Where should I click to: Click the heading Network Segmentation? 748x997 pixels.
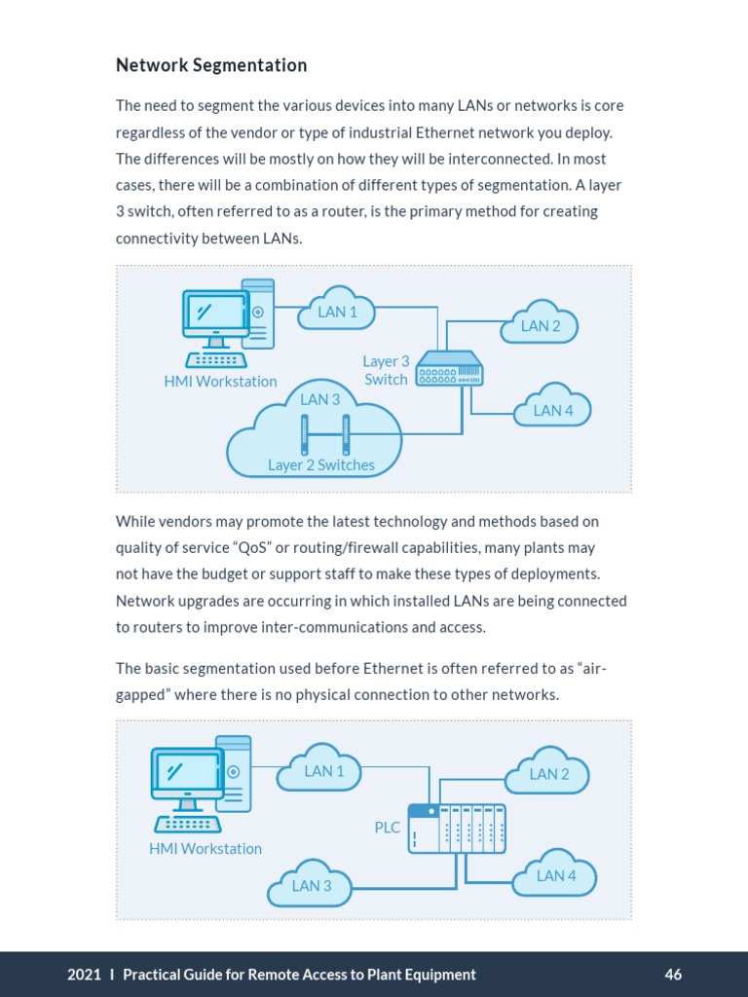(x=211, y=65)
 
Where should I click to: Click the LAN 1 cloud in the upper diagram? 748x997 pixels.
(x=337, y=311)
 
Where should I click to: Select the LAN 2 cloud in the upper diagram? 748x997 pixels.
(x=541, y=326)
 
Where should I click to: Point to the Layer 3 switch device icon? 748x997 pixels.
(x=449, y=369)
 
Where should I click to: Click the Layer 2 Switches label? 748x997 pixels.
(x=321, y=465)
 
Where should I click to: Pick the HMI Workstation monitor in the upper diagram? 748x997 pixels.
(x=216, y=314)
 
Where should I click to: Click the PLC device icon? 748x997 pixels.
(x=457, y=828)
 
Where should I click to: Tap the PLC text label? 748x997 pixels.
(x=388, y=828)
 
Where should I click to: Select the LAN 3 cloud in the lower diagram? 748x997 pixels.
(x=312, y=885)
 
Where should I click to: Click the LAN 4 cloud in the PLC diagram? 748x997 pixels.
(x=556, y=875)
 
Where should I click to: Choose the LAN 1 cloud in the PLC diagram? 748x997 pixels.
(x=324, y=771)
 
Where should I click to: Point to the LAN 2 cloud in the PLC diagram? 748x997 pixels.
(x=549, y=774)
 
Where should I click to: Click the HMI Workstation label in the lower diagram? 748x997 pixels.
(x=206, y=848)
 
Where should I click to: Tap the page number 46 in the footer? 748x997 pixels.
(x=673, y=975)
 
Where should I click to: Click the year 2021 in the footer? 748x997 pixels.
(x=84, y=975)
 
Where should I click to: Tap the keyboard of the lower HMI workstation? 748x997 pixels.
(x=187, y=825)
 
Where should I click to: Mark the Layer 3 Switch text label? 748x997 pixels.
(x=386, y=370)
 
